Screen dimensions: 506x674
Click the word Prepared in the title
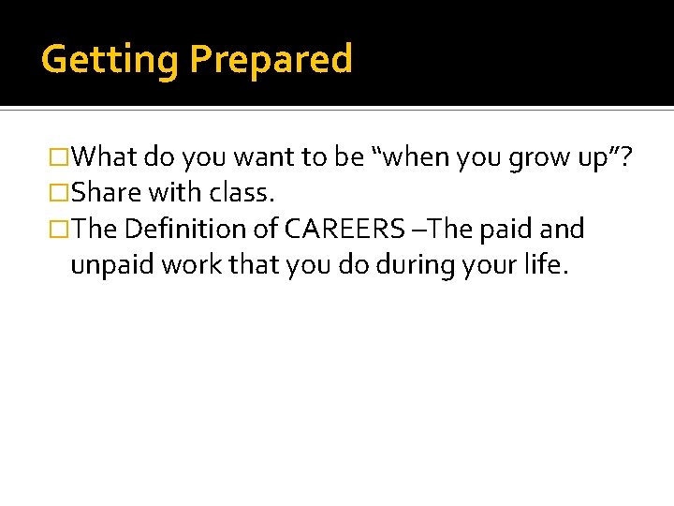click(x=271, y=59)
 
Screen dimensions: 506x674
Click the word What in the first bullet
click(x=104, y=157)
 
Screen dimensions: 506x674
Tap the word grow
click(x=541, y=157)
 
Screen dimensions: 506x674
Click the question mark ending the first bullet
click(x=624, y=157)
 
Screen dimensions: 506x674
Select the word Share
click(x=104, y=193)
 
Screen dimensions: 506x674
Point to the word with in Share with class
click(x=173, y=193)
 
